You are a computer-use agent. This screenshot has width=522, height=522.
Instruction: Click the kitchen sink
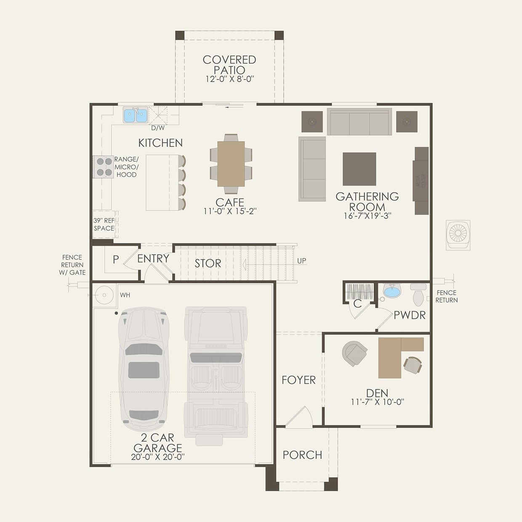tap(135, 115)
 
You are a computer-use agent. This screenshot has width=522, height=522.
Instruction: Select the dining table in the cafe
tap(231, 164)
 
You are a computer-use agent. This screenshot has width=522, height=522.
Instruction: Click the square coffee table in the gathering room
tap(359, 169)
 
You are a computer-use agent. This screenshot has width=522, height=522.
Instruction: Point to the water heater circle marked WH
tap(104, 296)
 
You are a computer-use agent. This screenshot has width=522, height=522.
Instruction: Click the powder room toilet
tap(418, 294)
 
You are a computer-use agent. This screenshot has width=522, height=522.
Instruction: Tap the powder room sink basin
tap(392, 291)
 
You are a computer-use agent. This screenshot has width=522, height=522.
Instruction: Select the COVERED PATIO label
tap(229, 65)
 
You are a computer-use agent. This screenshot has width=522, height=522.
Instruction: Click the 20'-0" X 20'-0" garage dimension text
tap(158, 457)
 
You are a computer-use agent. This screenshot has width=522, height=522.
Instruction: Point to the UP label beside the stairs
tap(301, 261)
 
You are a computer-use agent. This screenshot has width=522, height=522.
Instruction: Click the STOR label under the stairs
tap(208, 264)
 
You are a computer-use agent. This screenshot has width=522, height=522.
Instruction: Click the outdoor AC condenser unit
tap(458, 234)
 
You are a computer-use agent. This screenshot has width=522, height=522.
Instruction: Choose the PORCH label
tap(302, 455)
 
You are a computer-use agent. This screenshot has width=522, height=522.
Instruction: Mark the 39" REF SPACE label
tap(104, 224)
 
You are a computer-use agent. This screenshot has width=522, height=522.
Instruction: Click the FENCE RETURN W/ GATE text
tap(72, 265)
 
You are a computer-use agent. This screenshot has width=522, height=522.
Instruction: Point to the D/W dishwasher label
tap(158, 128)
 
